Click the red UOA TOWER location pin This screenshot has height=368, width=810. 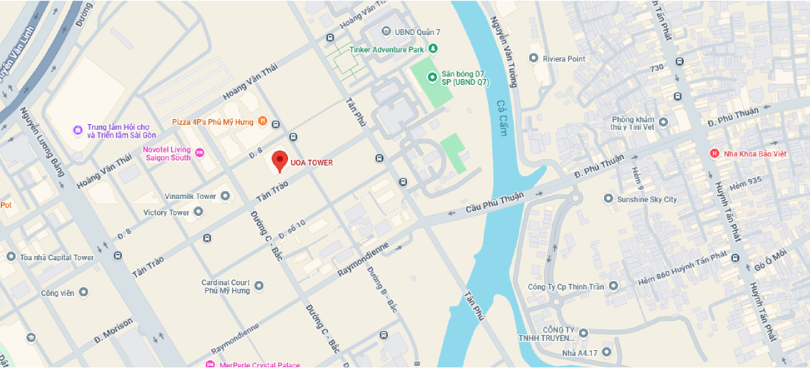tap(280, 161)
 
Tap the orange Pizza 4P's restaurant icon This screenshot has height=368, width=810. tap(262, 121)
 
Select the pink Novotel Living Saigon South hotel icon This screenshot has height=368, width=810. tap(200, 153)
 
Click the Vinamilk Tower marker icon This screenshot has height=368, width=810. tap(225, 196)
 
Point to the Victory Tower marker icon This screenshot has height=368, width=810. tap(198, 212)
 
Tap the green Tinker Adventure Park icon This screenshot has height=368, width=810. tap(433, 49)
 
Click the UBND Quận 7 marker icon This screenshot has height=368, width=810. tap(386, 31)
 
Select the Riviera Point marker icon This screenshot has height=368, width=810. tap(534, 58)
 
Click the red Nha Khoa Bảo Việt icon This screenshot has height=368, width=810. tap(714, 153)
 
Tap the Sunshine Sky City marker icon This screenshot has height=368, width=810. tap(608, 199)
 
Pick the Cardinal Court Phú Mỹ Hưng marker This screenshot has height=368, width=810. tap(259, 285)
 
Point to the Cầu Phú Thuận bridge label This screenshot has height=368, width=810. tap(494, 203)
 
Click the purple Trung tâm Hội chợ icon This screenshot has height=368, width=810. tap(78, 130)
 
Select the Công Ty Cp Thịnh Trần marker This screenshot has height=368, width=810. tap(613, 286)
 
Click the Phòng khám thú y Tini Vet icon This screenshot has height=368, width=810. tap(663, 122)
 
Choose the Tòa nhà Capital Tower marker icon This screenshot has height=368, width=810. tap(11, 257)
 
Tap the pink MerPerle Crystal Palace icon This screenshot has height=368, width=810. tap(210, 364)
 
